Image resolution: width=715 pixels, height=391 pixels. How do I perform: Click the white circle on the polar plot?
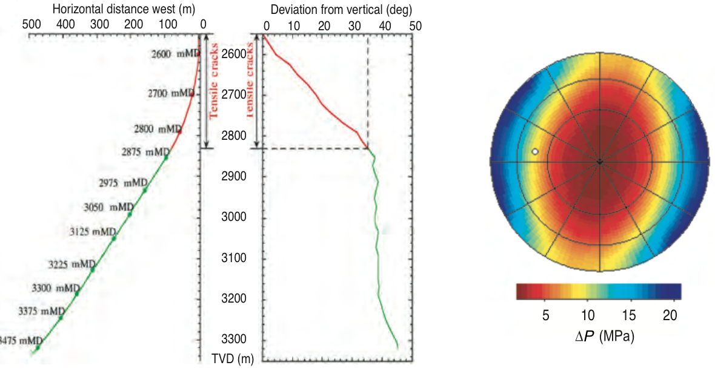click(534, 151)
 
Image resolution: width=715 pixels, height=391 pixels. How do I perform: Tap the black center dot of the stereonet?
click(599, 162)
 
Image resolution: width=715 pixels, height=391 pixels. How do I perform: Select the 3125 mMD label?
click(93, 231)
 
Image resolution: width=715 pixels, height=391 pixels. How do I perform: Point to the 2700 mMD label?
click(170, 94)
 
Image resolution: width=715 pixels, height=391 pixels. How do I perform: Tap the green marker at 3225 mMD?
click(93, 269)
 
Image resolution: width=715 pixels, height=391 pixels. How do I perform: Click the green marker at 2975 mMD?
click(145, 190)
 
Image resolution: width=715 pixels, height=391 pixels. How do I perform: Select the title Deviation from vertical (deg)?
click(341, 10)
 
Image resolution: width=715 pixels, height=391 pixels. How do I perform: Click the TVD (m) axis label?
click(233, 358)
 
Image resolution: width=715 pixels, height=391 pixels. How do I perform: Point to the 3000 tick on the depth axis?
click(233, 217)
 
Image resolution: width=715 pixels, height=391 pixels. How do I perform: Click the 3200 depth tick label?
click(233, 299)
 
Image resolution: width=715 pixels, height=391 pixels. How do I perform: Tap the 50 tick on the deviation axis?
click(415, 26)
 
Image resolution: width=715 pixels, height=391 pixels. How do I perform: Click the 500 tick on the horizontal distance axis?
click(31, 24)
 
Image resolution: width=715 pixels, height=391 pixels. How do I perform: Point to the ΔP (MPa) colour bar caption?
click(604, 337)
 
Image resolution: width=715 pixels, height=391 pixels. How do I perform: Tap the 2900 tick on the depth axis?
click(233, 176)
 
